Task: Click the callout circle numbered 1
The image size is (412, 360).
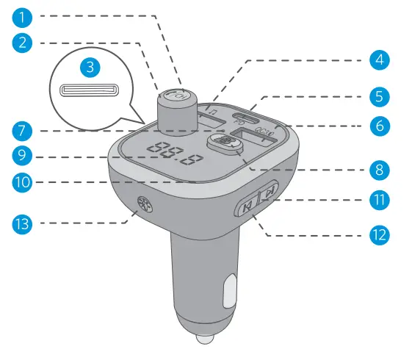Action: pos(24,15)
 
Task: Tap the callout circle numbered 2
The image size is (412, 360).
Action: pos(24,42)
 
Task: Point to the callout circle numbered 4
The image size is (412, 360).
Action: pos(379,60)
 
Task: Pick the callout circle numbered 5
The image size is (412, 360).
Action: pos(379,96)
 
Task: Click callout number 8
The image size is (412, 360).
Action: pos(379,169)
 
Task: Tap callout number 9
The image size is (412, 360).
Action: pos(24,155)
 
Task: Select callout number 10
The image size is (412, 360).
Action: pos(24,181)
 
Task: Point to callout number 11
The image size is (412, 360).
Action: pos(379,199)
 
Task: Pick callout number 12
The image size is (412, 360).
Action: pos(379,235)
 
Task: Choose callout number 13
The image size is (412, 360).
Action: pos(24,222)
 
